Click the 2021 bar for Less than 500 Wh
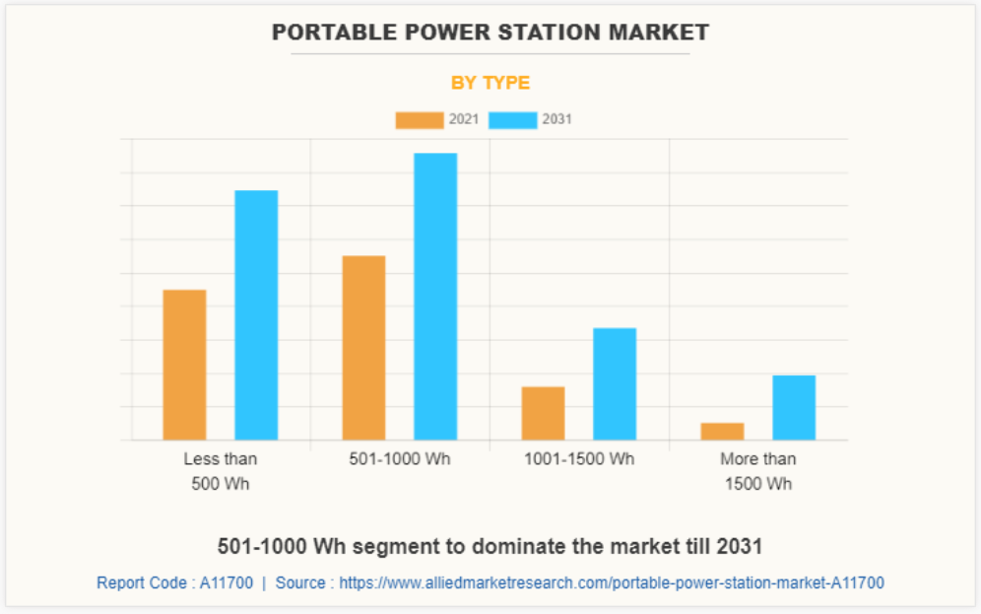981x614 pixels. (184, 365)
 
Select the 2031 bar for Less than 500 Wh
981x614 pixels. (256, 314)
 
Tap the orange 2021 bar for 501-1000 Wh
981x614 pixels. (363, 347)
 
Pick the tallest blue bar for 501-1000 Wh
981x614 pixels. (435, 296)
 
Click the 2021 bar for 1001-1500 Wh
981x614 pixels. (543, 413)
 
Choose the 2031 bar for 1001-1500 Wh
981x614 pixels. (615, 383)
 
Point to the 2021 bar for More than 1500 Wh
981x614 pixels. (722, 431)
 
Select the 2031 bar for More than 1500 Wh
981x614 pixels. (794, 407)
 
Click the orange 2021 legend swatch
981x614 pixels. (420, 120)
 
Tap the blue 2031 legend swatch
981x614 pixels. (512, 120)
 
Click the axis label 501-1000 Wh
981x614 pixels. (400, 459)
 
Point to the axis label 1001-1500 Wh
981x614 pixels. (579, 459)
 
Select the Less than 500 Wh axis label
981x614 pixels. (221, 471)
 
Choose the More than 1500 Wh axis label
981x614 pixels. (758, 471)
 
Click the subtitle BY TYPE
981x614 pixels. (490, 83)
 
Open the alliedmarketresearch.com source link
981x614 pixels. (612, 582)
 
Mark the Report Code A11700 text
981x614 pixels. (174, 582)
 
